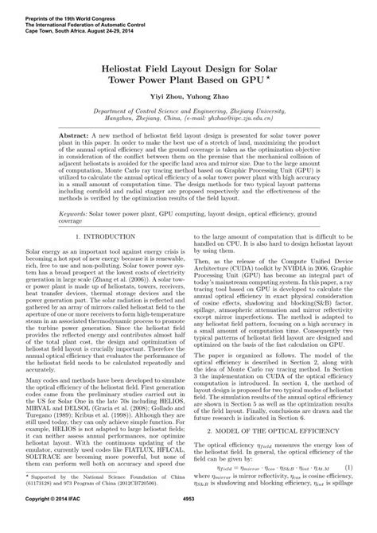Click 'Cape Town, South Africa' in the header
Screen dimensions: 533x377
(x=38, y=25)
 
